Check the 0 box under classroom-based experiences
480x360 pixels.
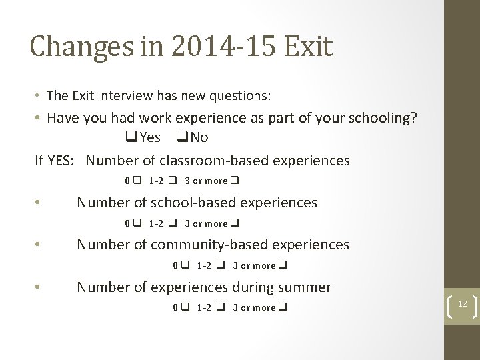click(x=137, y=181)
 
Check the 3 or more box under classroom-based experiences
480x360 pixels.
click(x=235, y=181)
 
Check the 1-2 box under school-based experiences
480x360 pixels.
click(x=172, y=223)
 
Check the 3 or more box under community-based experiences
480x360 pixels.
click(x=283, y=265)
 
